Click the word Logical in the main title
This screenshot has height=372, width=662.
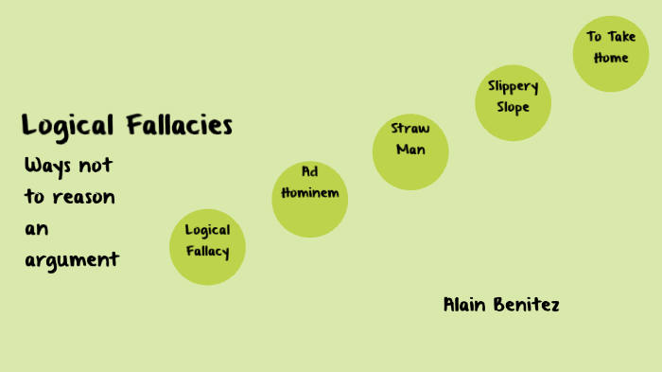68,125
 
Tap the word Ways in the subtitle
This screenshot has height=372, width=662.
46,165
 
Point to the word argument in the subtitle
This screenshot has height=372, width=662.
72,259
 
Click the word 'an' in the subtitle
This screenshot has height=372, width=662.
37,228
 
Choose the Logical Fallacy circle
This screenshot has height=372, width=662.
207,247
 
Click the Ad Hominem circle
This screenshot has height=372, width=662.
310,199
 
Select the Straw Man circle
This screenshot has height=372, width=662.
409,151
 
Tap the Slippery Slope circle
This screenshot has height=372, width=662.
513,102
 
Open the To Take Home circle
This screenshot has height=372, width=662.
610,54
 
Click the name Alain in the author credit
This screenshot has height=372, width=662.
465,305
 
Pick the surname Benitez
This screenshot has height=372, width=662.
527,305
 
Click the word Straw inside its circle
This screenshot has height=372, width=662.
410,130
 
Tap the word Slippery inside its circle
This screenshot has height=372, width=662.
513,86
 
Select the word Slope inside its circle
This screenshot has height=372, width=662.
513,107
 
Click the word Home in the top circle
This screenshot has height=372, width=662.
610,58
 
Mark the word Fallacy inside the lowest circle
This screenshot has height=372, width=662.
207,252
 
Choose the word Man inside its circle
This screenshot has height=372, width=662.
410,150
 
